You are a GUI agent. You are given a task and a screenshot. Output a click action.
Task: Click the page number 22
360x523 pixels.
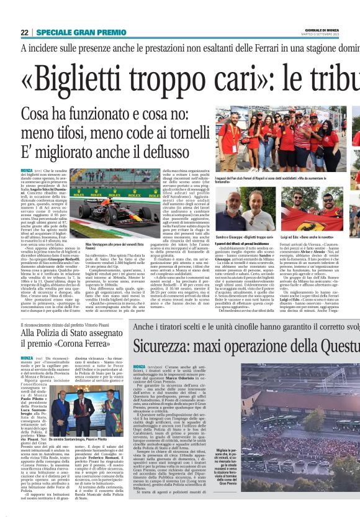pos(24,32)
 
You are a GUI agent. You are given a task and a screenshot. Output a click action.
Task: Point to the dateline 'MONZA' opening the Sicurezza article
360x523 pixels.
pos(140,367)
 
